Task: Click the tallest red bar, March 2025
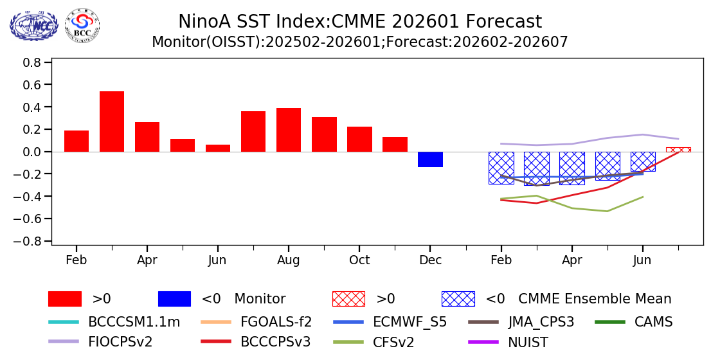(112, 122)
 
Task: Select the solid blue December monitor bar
(430, 159)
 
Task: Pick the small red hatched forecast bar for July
(678, 149)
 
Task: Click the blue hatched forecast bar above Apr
(571, 168)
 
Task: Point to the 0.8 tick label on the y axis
(32, 62)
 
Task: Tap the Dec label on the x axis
(430, 260)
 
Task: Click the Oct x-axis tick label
(359, 260)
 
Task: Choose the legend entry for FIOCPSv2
(120, 342)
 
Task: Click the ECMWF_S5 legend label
(410, 322)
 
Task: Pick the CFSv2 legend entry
(393, 342)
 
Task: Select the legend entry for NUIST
(528, 342)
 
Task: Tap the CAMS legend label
(654, 322)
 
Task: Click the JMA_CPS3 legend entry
(541, 322)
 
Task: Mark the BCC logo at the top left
(82, 26)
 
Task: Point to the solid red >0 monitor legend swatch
(65, 299)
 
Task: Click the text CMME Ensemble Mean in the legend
(595, 299)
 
